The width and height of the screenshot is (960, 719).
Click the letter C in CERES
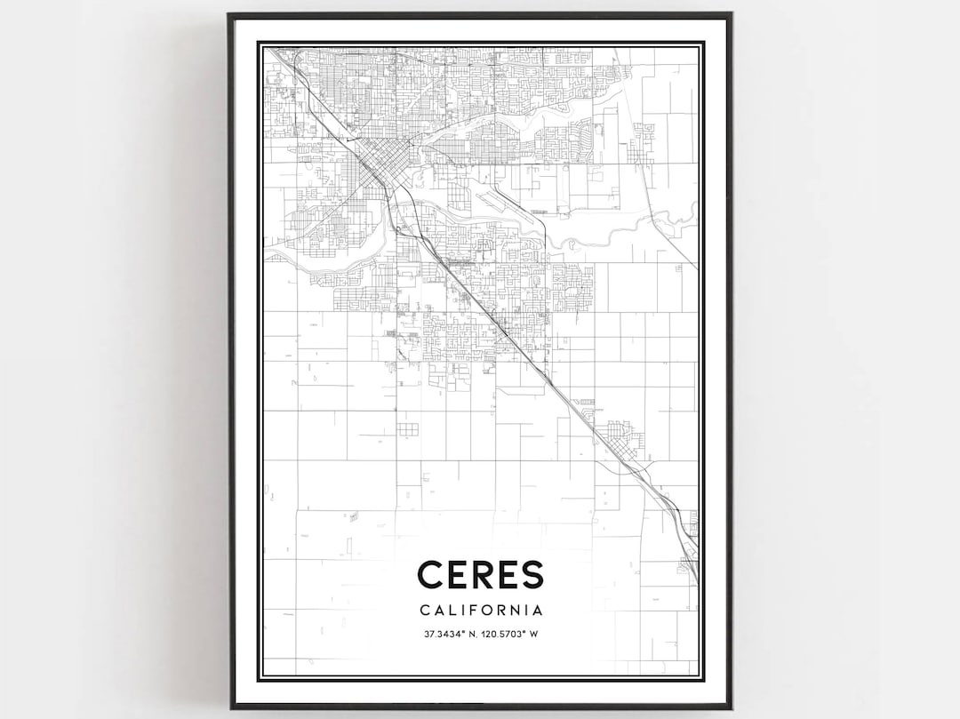tap(432, 574)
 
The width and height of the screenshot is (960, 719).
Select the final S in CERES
tap(532, 574)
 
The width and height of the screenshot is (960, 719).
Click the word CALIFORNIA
tap(480, 611)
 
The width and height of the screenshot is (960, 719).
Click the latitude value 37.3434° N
tap(451, 634)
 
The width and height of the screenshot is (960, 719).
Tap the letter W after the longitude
tap(535, 634)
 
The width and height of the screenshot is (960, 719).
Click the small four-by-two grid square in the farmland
tap(407, 430)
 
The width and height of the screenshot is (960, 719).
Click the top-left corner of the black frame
tap(230, 15)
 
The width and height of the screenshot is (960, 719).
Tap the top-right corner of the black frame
tap(730, 15)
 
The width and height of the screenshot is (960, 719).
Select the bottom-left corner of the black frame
tap(232, 707)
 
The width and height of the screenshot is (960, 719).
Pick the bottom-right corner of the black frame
tap(730, 707)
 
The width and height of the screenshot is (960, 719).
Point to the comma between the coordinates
tap(479, 636)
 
